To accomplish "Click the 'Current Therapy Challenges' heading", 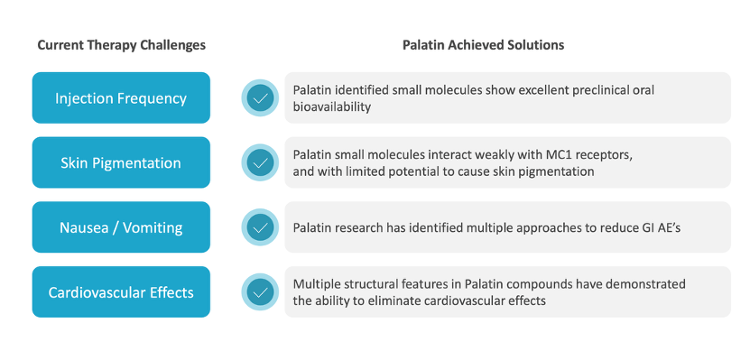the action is tap(122, 45).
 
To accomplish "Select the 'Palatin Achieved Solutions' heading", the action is tap(483, 45).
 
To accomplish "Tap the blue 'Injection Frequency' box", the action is tap(121, 98).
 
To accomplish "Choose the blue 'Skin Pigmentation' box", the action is tap(121, 162).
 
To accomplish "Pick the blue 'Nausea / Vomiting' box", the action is tap(121, 227).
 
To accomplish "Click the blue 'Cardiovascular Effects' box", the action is tap(121, 292).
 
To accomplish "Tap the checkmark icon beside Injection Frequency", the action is tap(260, 98).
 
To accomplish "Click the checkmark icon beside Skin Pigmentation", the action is tap(260, 162).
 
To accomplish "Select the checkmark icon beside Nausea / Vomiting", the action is tap(260, 227).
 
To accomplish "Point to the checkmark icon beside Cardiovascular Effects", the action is tap(260, 292).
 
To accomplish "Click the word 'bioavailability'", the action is tap(332, 106).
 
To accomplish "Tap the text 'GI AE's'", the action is tap(661, 228).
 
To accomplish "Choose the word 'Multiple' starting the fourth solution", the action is tap(315, 285).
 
